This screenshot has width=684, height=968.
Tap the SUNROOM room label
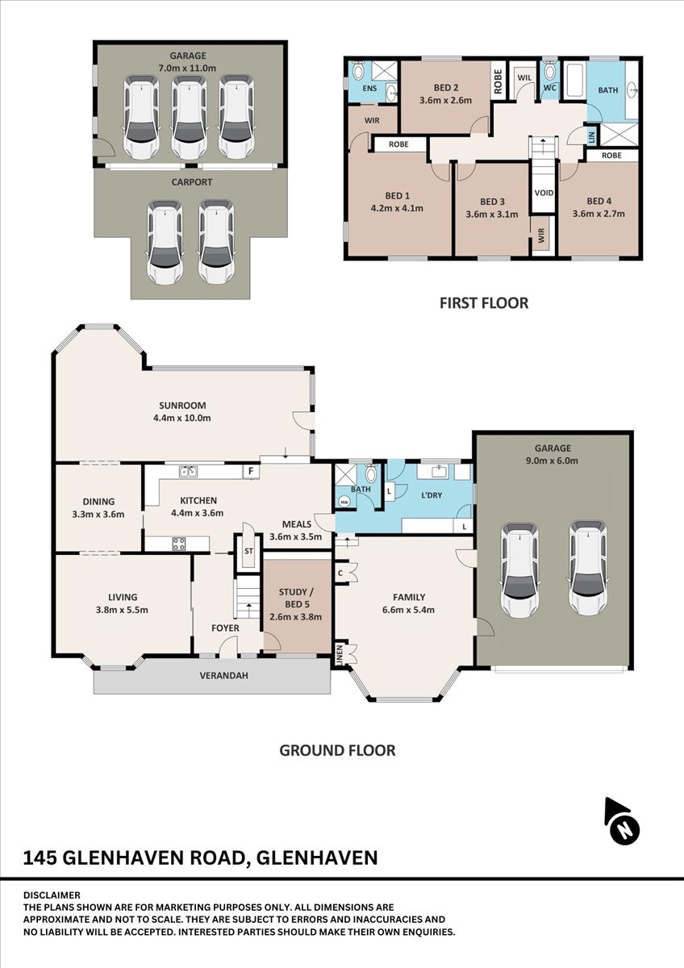pyautogui.click(x=182, y=405)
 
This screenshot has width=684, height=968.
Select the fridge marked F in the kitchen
pyautogui.click(x=251, y=471)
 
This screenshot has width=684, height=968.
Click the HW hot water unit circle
pyautogui.click(x=344, y=502)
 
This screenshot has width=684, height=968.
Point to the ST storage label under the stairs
pyautogui.click(x=248, y=552)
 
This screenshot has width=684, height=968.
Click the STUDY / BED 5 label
pyautogui.click(x=295, y=598)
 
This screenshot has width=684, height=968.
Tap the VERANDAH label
pyautogui.click(x=223, y=675)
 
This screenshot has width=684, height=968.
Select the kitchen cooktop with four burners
pyautogui.click(x=179, y=543)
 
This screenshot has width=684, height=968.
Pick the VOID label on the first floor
pyautogui.click(x=544, y=193)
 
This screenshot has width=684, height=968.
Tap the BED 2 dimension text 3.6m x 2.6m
pyautogui.click(x=445, y=100)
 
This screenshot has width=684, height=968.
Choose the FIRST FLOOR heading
pyautogui.click(x=484, y=303)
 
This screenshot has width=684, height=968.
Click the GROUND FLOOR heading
pyautogui.click(x=337, y=751)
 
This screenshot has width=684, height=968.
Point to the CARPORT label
pyautogui.click(x=191, y=182)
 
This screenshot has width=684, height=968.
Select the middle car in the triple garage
pyautogui.click(x=187, y=117)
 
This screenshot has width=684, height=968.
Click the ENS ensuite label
pyautogui.click(x=370, y=89)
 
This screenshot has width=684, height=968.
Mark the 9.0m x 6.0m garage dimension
pyautogui.click(x=552, y=461)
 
